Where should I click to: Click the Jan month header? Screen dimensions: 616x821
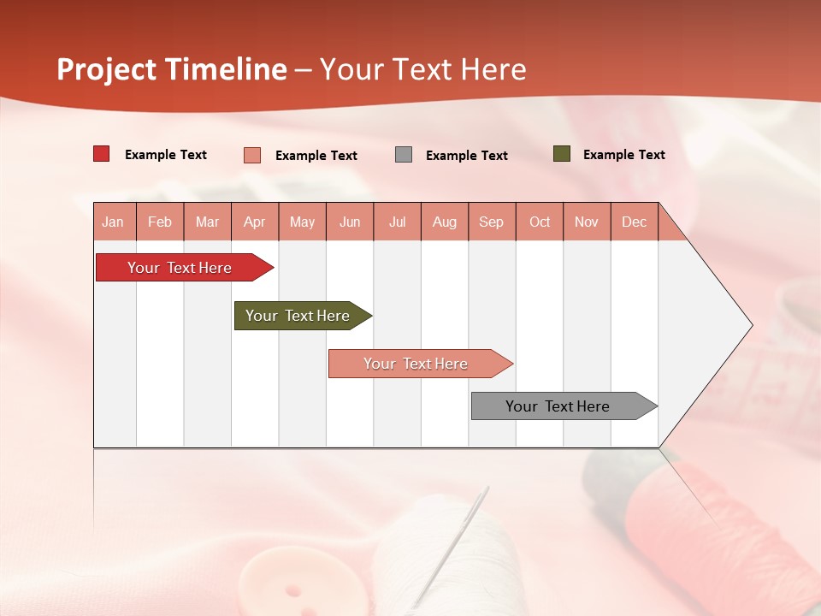113,222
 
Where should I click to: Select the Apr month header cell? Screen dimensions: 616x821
254,222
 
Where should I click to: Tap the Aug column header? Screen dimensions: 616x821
444,222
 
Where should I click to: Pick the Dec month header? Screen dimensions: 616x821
634,222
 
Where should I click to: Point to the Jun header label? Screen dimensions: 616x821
349,222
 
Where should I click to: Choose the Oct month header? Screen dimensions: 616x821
539,222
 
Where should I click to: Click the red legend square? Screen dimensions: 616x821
101,154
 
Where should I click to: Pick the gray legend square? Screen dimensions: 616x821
404,155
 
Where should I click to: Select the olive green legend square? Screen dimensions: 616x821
561,154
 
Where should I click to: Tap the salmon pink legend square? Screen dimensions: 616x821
252,155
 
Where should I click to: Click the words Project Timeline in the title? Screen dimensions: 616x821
171,69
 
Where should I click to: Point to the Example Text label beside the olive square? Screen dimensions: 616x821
623,155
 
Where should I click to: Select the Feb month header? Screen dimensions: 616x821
160,222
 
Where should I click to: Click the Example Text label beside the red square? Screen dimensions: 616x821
165,155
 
